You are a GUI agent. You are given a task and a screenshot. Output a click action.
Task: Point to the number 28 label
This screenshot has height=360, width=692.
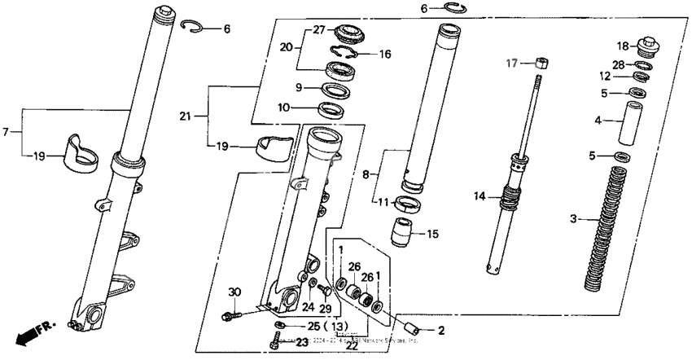point(619,64)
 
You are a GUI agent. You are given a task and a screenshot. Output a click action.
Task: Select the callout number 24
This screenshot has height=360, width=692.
point(308,307)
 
